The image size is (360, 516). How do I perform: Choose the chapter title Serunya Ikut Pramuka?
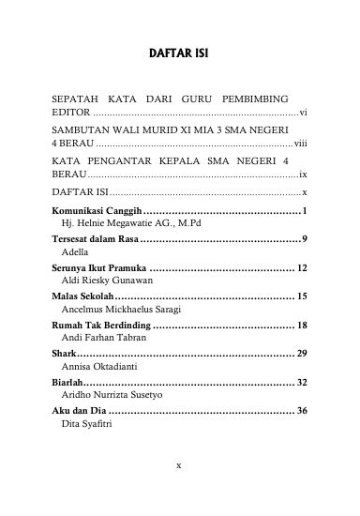[x=97, y=268]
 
